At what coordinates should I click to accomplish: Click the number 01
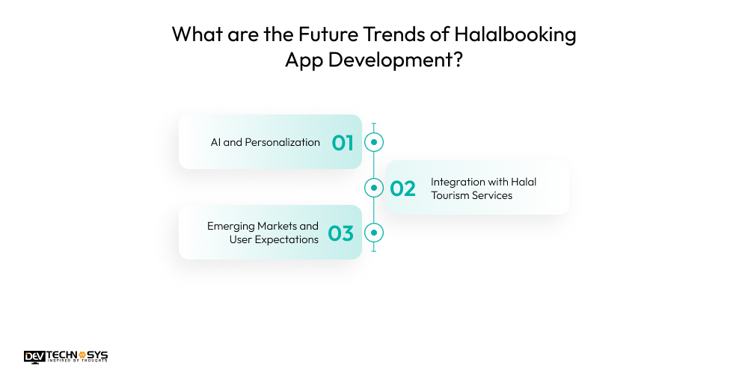point(343,142)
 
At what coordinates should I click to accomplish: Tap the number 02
point(403,188)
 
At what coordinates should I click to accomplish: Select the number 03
point(340,233)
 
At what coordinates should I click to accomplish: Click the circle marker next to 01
point(373,142)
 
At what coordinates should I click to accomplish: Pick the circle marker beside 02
point(373,188)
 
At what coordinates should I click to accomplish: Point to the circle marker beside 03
point(373,233)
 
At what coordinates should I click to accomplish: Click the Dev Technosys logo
point(66,357)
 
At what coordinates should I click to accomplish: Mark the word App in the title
point(303,61)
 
